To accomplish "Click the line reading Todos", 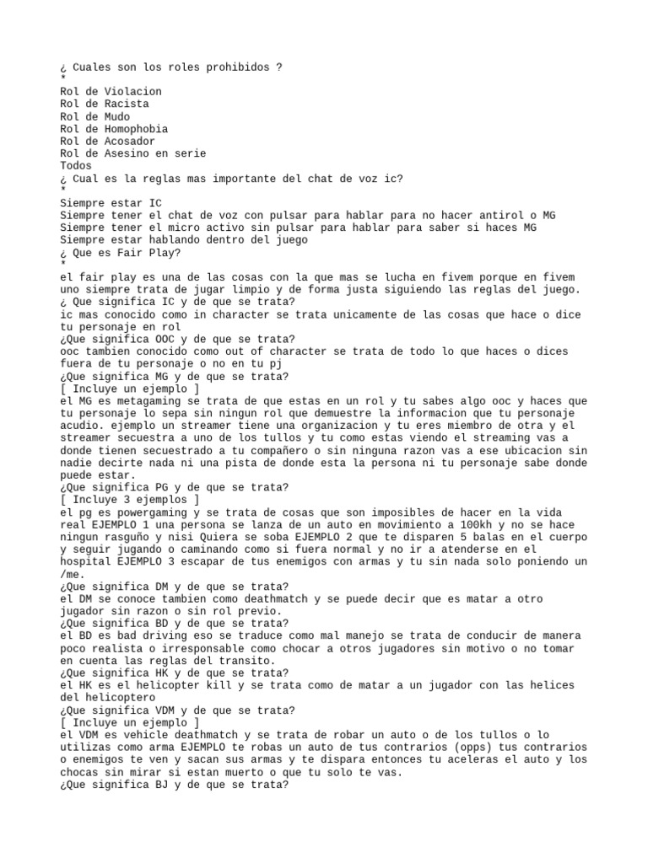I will (x=76, y=166).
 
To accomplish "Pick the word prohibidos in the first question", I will (x=231, y=67).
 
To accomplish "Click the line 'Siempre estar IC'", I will (x=110, y=203).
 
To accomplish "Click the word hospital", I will (x=85, y=561).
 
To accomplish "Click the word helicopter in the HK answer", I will (x=167, y=686).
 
